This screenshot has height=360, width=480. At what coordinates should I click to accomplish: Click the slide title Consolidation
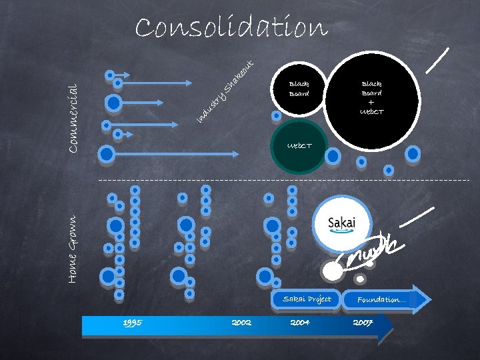[x=231, y=28]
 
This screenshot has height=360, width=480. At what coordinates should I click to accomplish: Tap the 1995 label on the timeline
[x=132, y=323]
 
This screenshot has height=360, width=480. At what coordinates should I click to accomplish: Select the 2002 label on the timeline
[x=241, y=323]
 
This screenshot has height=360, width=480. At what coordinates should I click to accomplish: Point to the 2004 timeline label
[x=300, y=323]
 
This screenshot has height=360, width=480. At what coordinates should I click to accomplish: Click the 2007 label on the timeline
[x=363, y=323]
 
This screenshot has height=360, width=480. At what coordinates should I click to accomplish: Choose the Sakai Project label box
[x=307, y=299]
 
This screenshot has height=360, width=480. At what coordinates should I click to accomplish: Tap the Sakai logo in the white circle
[x=342, y=223]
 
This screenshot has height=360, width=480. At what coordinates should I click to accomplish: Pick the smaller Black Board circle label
[x=299, y=89]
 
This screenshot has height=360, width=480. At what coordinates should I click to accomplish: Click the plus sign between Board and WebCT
[x=371, y=103]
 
